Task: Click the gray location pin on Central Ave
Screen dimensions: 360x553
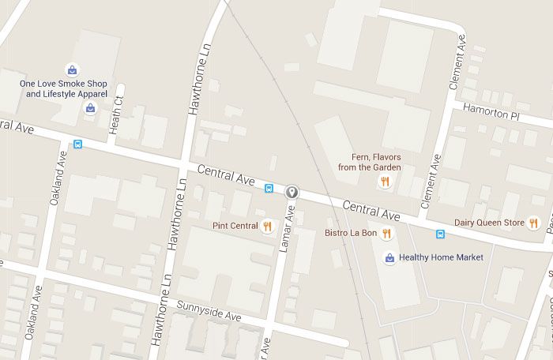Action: tap(292, 191)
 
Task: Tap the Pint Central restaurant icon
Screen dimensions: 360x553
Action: tap(267, 226)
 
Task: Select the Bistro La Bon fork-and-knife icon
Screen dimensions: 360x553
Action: tap(387, 233)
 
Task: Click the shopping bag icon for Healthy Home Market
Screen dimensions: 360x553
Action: tap(389, 257)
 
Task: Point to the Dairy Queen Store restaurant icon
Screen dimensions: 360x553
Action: tap(534, 223)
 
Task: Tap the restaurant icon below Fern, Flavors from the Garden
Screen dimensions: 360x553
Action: tap(385, 182)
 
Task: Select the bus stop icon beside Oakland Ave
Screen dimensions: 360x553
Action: tap(77, 144)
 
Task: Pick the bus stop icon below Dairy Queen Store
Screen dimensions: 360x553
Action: tap(441, 234)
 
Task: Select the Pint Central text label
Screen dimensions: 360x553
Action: tap(235, 226)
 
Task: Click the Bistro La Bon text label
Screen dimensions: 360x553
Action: tap(351, 233)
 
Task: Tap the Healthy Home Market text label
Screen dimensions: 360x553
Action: tap(441, 257)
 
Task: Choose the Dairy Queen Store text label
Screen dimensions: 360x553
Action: tap(489, 223)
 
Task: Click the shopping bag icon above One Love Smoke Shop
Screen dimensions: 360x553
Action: tap(72, 69)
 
